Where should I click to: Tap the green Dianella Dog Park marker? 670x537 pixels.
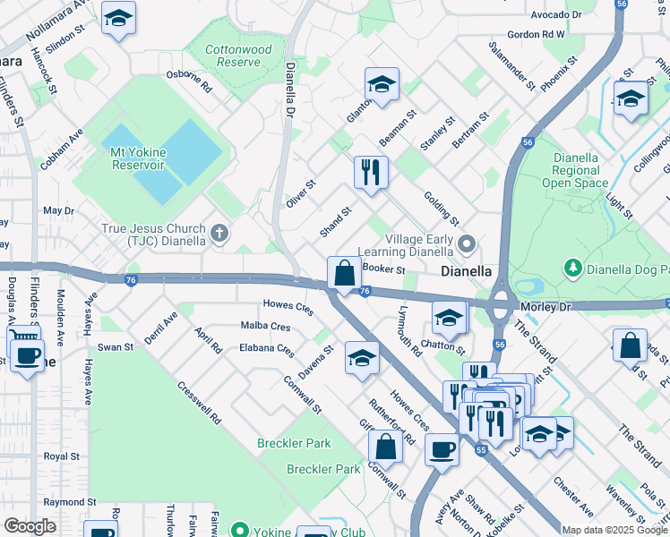pos(571,268)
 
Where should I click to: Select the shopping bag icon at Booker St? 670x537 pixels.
pos(344,272)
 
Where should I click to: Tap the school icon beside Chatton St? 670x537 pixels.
pos(449,317)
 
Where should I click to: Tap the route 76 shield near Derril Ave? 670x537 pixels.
pos(131,280)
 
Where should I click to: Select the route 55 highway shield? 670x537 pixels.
pos(481,450)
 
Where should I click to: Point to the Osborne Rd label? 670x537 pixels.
pos(188,81)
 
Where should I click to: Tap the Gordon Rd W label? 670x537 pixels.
pos(536,34)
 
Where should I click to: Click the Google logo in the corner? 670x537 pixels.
pos(30,525)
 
